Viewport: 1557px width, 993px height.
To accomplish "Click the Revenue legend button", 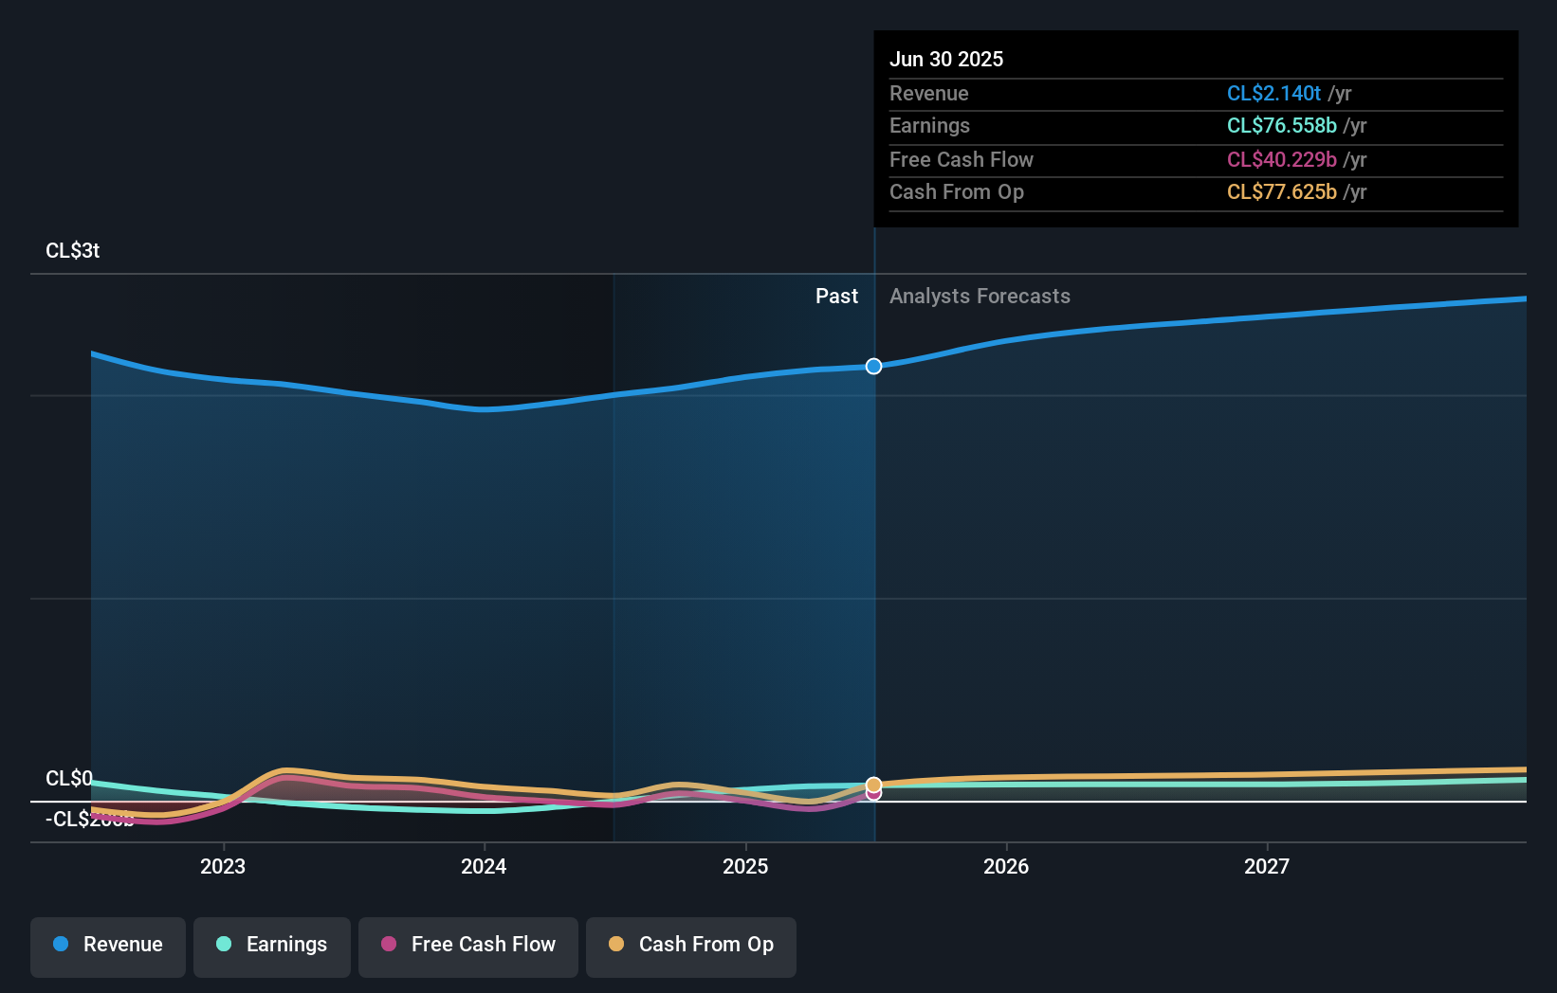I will click(108, 945).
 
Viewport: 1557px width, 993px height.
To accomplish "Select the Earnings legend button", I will click(272, 945).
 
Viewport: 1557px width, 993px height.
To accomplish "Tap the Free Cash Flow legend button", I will click(468, 945).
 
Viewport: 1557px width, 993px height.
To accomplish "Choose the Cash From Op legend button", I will click(691, 945).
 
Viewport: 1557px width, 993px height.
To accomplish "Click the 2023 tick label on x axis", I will click(223, 866).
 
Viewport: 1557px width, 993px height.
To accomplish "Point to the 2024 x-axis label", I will click(484, 866).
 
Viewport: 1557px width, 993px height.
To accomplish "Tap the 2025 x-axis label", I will click(745, 866).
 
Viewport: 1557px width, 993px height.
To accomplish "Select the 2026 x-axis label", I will click(1006, 866).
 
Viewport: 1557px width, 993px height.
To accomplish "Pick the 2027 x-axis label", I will click(1267, 866).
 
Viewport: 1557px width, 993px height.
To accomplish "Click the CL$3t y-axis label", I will click(73, 251).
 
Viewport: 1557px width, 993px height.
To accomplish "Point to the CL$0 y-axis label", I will click(69, 778).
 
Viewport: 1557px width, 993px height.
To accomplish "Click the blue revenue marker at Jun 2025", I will click(874, 366).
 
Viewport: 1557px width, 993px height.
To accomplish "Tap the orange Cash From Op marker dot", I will click(874, 784).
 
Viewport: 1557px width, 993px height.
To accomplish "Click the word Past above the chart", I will click(836, 297).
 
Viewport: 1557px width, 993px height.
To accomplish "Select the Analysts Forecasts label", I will click(980, 297).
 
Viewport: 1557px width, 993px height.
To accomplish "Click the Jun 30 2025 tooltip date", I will click(946, 59).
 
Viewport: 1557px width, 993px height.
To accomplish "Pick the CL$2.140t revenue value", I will click(1273, 93).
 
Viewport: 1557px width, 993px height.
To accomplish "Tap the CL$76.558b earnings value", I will click(1281, 126).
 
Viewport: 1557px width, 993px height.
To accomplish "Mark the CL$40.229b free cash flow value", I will click(1281, 159).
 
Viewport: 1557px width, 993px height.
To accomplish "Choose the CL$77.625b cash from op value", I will click(1281, 192).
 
